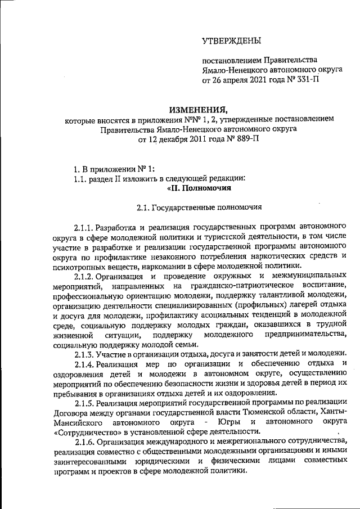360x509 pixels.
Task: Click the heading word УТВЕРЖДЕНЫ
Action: point(232,41)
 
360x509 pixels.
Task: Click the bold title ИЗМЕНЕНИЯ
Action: point(199,109)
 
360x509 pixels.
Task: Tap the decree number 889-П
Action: point(244,140)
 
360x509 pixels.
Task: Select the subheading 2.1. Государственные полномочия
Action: point(199,208)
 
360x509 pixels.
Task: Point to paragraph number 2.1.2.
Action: point(84,276)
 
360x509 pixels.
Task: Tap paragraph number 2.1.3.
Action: point(84,353)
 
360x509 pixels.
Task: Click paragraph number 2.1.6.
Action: point(84,442)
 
